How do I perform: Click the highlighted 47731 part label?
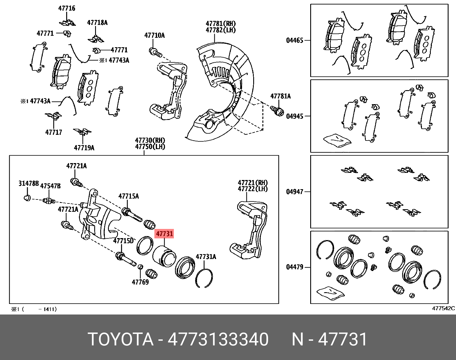coord(164,234)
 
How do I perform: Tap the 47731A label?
coord(206,257)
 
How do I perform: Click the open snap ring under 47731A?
coord(204,278)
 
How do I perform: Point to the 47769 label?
coord(140,282)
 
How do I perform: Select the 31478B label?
coord(28,183)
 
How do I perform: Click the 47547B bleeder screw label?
coord(50,186)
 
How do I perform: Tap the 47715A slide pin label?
coord(129,196)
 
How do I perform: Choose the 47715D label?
coord(123,241)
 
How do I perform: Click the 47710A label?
coord(154,35)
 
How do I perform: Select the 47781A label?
coord(280,96)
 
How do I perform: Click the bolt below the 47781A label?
coord(277,111)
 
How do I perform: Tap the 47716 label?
coord(67,8)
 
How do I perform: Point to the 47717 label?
coord(54,132)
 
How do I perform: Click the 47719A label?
coord(84,148)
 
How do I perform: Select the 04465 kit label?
coord(294,40)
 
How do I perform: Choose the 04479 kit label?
coord(294,267)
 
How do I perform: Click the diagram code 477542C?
coord(443,308)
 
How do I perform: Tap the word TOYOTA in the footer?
coord(121,339)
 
